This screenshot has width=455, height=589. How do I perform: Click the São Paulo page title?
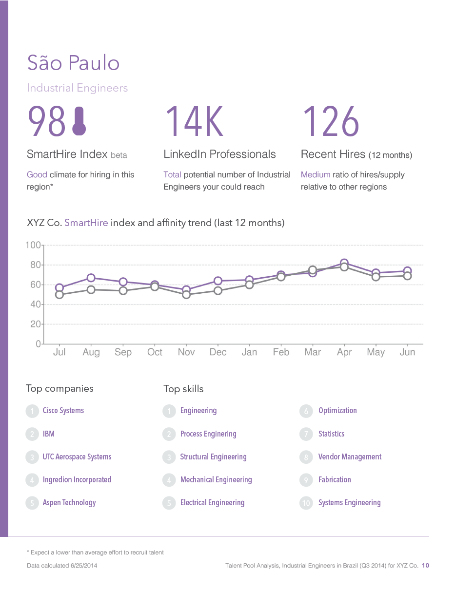point(73,63)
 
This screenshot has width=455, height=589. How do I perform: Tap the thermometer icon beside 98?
point(79,122)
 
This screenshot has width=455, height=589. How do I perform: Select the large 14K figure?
point(194,122)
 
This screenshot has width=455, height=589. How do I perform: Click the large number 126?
point(331,122)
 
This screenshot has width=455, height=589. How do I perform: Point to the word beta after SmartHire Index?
point(119,155)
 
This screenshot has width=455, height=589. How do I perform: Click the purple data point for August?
point(91,278)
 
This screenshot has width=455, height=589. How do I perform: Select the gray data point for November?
point(186,295)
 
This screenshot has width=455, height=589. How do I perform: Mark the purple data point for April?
point(344,263)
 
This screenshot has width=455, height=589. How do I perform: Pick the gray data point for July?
point(59,295)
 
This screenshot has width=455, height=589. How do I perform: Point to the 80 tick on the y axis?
point(35,265)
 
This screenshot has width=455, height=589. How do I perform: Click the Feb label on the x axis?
point(281,352)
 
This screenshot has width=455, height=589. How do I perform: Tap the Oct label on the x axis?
point(155,352)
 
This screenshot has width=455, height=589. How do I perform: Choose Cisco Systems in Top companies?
point(63,411)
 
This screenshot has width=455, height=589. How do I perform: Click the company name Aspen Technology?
point(69,503)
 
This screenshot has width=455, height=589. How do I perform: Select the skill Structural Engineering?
point(213,457)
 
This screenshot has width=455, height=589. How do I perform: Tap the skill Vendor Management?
point(350,457)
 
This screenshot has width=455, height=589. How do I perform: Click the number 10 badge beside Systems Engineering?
point(306,503)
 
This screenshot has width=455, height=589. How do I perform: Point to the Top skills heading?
point(183,389)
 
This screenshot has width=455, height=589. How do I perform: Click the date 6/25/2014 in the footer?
point(86,566)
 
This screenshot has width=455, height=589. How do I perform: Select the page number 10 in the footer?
point(425,566)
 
